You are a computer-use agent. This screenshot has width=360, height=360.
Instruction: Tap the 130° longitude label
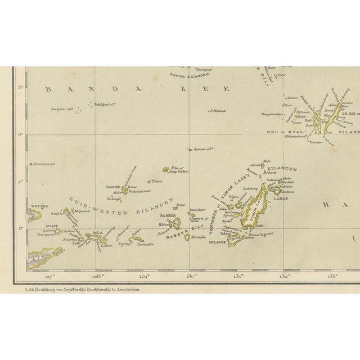pos(190,276)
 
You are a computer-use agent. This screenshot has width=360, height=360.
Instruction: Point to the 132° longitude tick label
pos(284,276)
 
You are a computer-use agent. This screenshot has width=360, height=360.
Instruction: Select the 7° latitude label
pos(21,182)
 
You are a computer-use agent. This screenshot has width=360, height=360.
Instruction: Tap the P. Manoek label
pos(217,111)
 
